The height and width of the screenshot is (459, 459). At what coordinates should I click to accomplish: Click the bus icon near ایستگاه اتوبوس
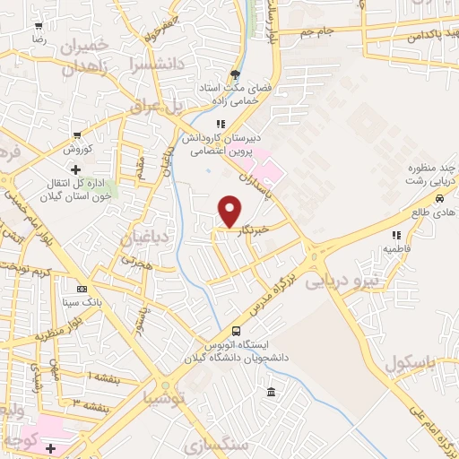pos(236,330)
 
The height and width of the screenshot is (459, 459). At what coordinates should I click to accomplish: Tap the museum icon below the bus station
pos(271,391)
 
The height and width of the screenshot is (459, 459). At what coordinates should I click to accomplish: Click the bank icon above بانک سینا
pos(82,290)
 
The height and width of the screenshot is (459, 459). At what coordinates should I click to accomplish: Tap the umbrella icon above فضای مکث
pos(235,74)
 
